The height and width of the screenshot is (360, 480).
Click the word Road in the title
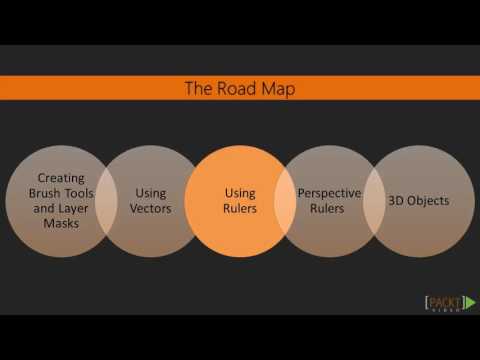pos(235,88)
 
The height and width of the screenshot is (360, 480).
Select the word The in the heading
pos(198,88)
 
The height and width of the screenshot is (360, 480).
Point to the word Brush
pos(43,192)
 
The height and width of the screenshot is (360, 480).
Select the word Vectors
pos(151,208)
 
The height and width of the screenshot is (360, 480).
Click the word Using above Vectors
pos(151,192)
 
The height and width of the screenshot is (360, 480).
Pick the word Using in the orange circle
pos(240,192)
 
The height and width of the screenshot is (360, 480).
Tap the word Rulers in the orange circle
pos(240,208)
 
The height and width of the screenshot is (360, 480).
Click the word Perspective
pos(330,192)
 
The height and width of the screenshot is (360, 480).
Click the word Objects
pos(429,200)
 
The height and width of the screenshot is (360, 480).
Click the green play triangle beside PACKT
pos(469,302)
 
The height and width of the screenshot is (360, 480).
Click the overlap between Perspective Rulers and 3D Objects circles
pos(374,200)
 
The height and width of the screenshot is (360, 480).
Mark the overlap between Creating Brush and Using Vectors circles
pos(107,200)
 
